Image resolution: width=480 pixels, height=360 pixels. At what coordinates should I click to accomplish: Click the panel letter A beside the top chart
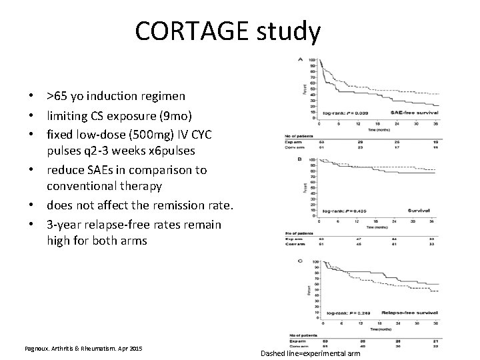[x=300, y=60]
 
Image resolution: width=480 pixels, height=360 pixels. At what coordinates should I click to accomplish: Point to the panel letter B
[x=300, y=159]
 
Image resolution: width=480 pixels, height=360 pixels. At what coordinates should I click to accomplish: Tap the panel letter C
[x=300, y=260]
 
